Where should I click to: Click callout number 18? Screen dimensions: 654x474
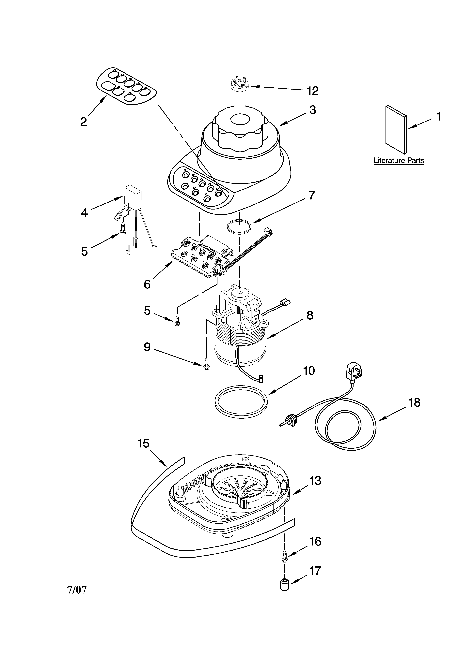[414, 403]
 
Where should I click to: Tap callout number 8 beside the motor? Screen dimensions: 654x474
[310, 315]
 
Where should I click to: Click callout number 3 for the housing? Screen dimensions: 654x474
[313, 110]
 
